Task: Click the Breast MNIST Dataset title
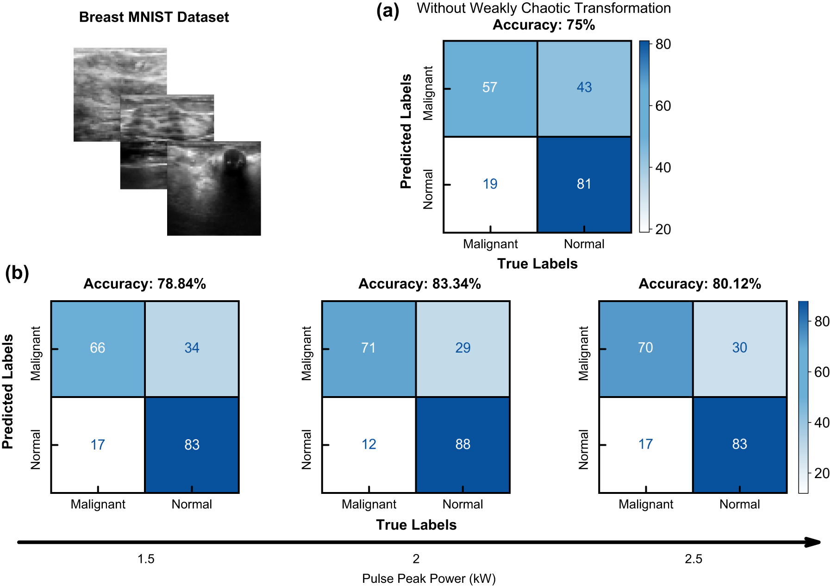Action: pos(154,17)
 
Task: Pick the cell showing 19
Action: pos(490,184)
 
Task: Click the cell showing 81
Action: pos(584,184)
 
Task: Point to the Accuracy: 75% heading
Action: pos(544,25)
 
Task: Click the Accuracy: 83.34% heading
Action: pos(419,284)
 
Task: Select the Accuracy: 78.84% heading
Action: pos(144,284)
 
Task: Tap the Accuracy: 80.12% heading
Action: pos(700,284)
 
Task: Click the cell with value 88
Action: pos(463,444)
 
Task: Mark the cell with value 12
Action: pos(369,444)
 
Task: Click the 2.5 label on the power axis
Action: pos(694,559)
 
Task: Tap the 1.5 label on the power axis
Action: pos(146,559)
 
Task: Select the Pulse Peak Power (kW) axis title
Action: pos(429,578)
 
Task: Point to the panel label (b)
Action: pos(17,273)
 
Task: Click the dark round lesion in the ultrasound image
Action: pos(234,160)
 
